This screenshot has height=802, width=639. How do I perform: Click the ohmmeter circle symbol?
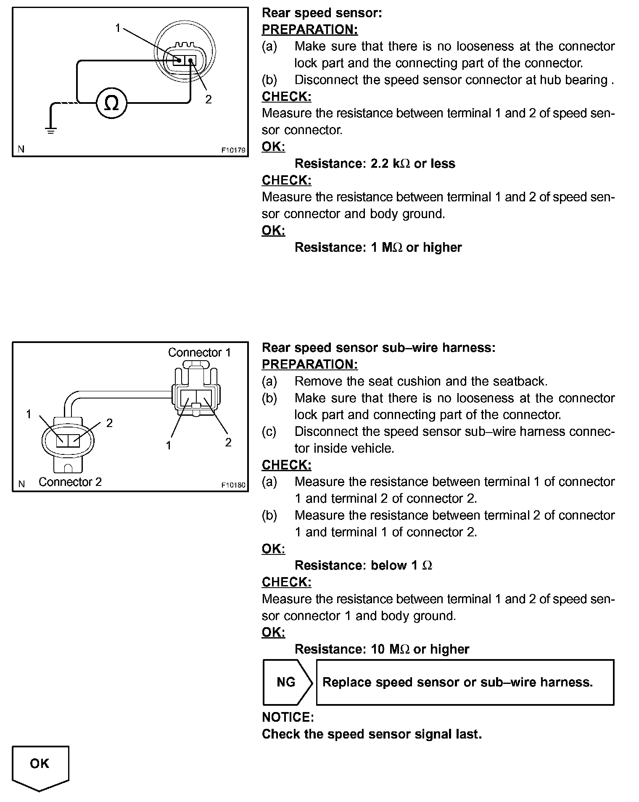tap(111, 103)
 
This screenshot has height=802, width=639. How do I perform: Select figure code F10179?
tap(233, 150)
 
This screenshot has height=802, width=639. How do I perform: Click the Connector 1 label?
tap(200, 353)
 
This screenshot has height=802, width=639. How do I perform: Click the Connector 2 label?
tap(70, 482)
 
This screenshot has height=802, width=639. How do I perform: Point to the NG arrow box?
tap(287, 682)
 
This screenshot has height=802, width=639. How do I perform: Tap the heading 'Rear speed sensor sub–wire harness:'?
tap(378, 348)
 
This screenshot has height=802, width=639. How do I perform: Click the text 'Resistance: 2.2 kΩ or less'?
tap(375, 164)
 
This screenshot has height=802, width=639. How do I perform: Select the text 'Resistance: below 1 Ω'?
tap(363, 566)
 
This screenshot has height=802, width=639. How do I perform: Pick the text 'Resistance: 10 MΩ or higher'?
tap(382, 649)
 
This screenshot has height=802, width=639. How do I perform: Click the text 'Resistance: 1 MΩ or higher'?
tap(378, 248)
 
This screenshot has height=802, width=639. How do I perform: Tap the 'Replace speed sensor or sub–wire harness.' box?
tap(465, 682)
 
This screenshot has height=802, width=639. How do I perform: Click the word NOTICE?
tap(288, 717)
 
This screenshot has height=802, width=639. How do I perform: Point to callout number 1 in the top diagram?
tap(118, 28)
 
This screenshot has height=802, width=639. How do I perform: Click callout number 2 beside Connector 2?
tap(109, 423)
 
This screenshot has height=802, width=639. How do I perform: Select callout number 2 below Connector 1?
tap(228, 442)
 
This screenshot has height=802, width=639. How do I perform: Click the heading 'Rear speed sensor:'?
tap(322, 13)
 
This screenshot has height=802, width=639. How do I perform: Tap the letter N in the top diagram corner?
tap(21, 149)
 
